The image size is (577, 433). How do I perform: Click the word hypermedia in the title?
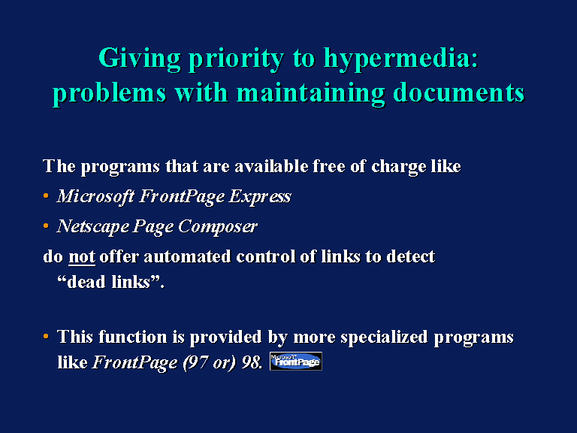pyautogui.click(x=400, y=59)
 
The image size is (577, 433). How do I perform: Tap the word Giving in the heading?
pyautogui.click(x=140, y=59)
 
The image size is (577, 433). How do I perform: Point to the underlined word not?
pyautogui.click(x=82, y=256)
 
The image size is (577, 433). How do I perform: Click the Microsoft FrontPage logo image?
pyautogui.click(x=296, y=361)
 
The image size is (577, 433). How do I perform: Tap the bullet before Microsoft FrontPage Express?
pyautogui.click(x=46, y=196)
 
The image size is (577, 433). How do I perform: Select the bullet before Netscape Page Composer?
pyautogui.click(x=46, y=226)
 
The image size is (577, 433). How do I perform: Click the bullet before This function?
pyautogui.click(x=46, y=336)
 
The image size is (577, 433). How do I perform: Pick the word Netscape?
pyautogui.click(x=93, y=226)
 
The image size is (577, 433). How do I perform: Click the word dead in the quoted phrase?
pyautogui.click(x=87, y=283)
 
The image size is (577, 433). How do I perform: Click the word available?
pyautogui.click(x=271, y=166)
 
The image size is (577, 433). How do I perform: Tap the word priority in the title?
pyautogui.click(x=237, y=59)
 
